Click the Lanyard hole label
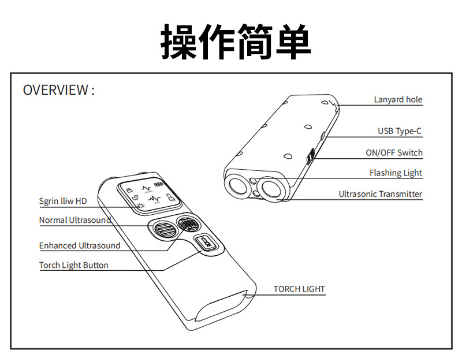click(398, 100)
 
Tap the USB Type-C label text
click(400, 131)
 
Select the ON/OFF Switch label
click(394, 153)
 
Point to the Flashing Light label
click(396, 173)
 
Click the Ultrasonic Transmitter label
click(380, 194)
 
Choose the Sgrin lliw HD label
click(63, 201)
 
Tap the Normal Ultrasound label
click(75, 220)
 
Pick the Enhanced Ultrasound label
click(80, 245)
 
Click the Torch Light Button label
click(74, 265)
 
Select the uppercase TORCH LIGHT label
click(299, 289)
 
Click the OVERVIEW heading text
click(58, 90)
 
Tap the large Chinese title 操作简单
click(236, 41)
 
